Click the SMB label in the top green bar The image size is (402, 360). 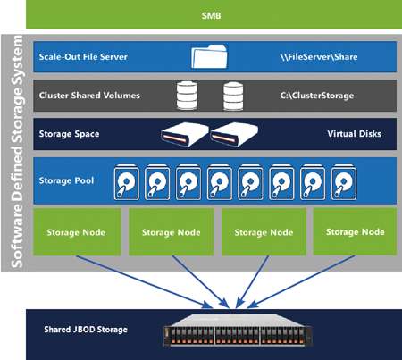point(211,15)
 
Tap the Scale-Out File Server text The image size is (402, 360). point(83,57)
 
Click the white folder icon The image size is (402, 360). point(209,56)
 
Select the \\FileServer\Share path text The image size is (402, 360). point(319,57)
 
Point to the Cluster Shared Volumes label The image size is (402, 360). point(89,96)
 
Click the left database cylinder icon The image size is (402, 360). point(187,96)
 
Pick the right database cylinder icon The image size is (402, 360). point(233,96)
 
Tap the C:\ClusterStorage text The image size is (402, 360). point(317,96)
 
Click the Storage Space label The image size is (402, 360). point(69,134)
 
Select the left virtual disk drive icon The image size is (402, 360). point(185,134)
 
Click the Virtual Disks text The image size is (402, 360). point(354,134)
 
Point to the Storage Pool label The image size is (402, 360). point(66,180)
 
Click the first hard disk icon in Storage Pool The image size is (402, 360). point(126,182)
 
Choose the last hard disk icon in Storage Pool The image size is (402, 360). point(344,182)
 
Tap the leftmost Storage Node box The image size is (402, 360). point(77,231)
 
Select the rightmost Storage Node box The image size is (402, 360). point(355,231)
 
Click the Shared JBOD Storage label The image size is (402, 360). point(86,330)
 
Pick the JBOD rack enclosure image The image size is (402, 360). point(238,330)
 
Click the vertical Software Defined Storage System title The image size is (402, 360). point(17,151)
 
